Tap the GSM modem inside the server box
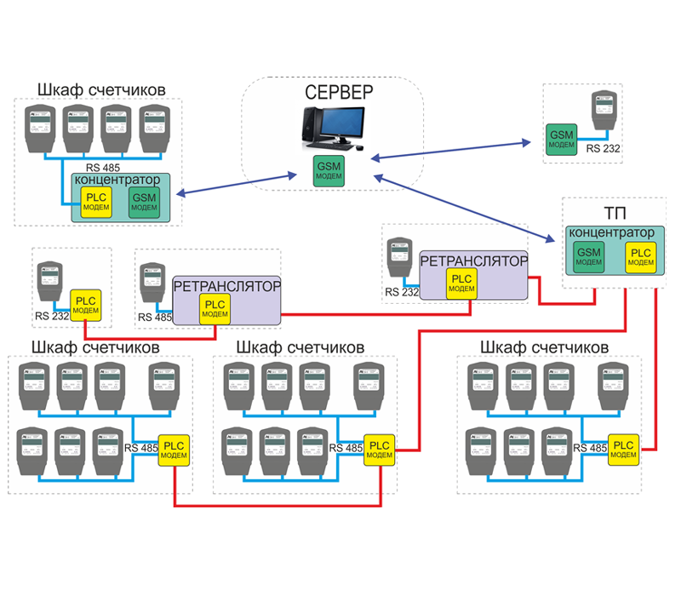329,170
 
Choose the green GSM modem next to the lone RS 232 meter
562,140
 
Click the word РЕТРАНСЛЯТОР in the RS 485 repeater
226,286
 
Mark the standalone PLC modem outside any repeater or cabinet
86,306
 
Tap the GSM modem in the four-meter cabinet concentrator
145,202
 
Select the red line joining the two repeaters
375,314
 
